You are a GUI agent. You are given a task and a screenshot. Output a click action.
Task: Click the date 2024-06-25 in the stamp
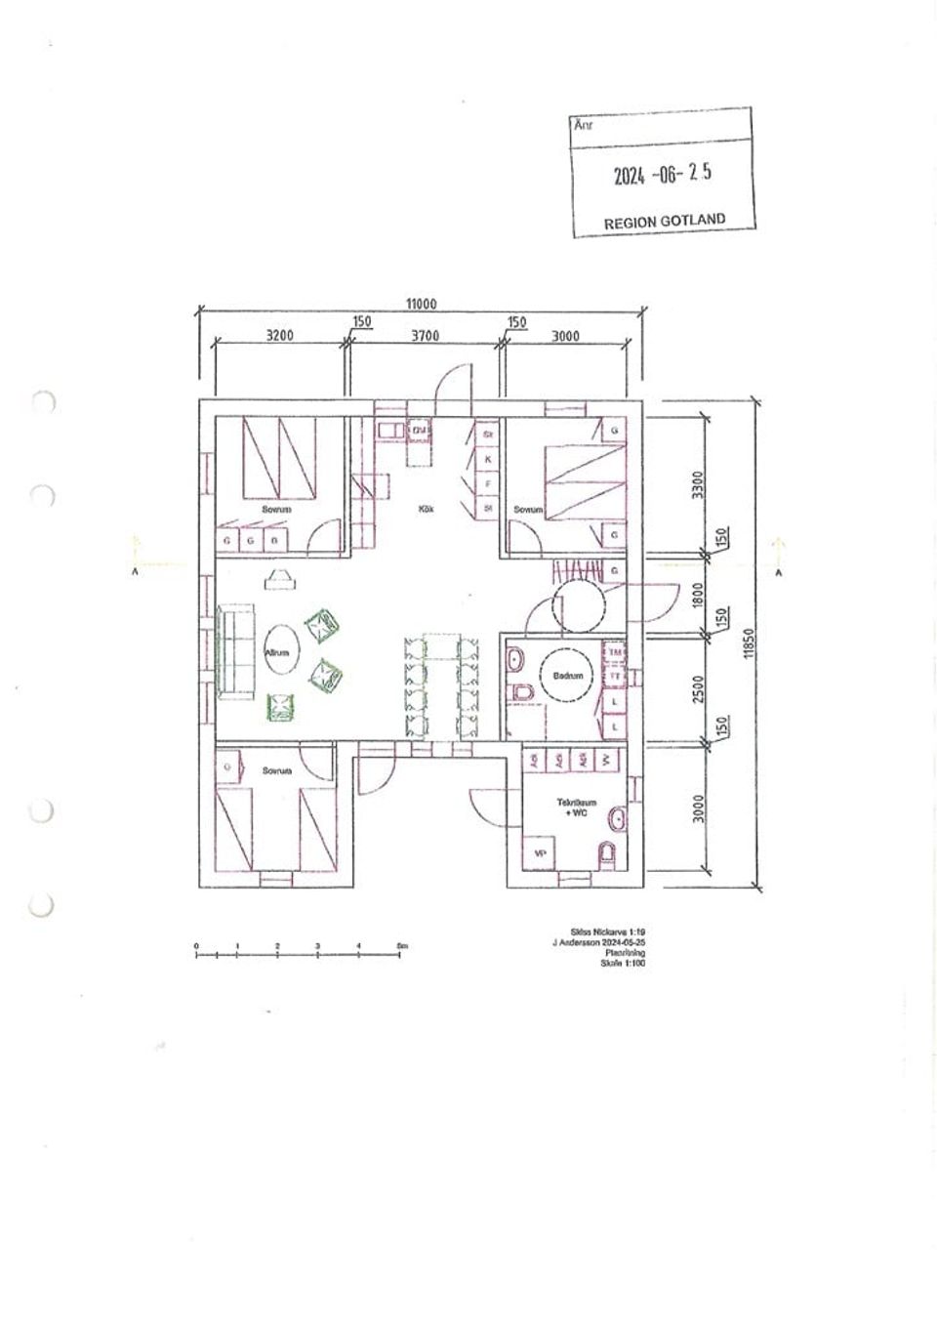point(663,174)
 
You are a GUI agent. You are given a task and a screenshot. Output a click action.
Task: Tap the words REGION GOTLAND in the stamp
point(664,221)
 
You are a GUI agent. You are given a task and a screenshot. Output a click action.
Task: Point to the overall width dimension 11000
point(420,304)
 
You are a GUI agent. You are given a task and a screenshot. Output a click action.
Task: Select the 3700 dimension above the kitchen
point(425,336)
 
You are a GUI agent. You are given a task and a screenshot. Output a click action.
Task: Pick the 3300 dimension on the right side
point(697,483)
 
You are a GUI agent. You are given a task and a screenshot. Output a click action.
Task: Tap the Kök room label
point(426,509)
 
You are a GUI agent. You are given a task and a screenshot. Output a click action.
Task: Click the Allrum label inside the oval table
point(277,653)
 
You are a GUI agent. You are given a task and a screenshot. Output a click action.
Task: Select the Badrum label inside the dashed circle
point(567,675)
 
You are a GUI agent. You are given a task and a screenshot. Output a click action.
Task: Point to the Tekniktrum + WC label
point(576,807)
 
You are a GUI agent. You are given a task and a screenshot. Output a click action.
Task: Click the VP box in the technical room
point(538,852)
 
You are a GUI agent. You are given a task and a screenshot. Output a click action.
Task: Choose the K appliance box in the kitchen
point(488,459)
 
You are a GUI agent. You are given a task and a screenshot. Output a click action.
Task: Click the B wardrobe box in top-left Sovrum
point(274,539)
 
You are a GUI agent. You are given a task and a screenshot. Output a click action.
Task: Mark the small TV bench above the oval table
point(279,579)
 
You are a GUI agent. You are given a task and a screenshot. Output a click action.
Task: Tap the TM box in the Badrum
point(615,651)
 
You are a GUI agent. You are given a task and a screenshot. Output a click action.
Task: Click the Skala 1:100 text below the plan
point(623,963)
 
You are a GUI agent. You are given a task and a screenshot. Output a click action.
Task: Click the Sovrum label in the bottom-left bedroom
point(277,770)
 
